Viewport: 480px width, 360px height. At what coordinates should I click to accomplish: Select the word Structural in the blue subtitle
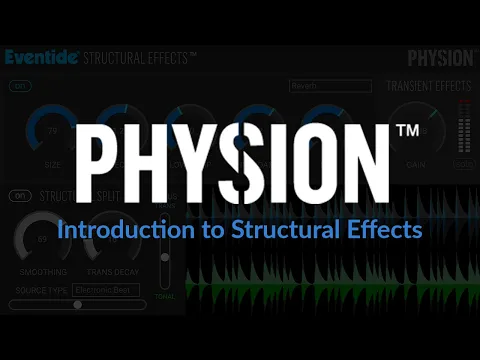tap(273, 229)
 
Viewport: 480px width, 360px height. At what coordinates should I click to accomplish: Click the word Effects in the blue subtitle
tap(381, 229)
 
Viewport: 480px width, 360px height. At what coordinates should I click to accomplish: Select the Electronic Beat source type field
tap(107, 289)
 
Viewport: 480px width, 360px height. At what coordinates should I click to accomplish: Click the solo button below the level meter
tap(462, 164)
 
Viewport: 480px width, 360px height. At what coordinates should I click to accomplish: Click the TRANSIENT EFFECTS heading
tap(428, 86)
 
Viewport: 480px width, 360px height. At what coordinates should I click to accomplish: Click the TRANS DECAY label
tap(113, 271)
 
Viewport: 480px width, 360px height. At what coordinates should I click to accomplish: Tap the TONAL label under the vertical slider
tap(164, 296)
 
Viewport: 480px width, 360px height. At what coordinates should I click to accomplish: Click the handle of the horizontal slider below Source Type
tap(77, 304)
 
